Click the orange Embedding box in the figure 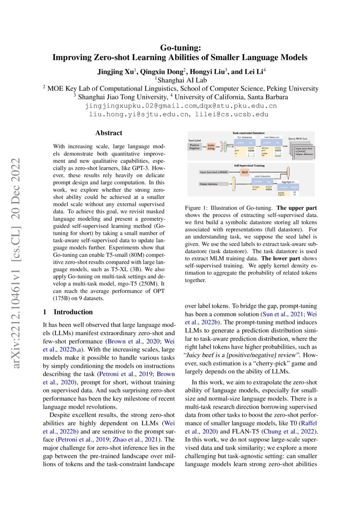pos(212,147)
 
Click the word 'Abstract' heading pos(108,133)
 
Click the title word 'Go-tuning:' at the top pos(180,47)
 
